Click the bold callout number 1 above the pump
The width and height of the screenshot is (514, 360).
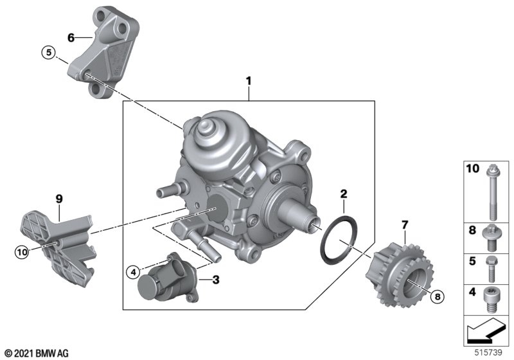[x=249, y=81]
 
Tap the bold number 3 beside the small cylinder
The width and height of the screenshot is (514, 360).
[x=216, y=280]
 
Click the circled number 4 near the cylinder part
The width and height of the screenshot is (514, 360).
[x=133, y=272]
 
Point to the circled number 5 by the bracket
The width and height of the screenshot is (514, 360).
[x=49, y=53]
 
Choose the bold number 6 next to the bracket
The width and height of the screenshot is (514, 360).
[x=71, y=38]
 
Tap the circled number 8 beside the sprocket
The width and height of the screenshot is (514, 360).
[x=437, y=297]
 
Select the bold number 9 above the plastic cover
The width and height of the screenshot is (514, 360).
[x=59, y=199]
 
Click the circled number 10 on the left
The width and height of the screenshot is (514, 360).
[x=22, y=253]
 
